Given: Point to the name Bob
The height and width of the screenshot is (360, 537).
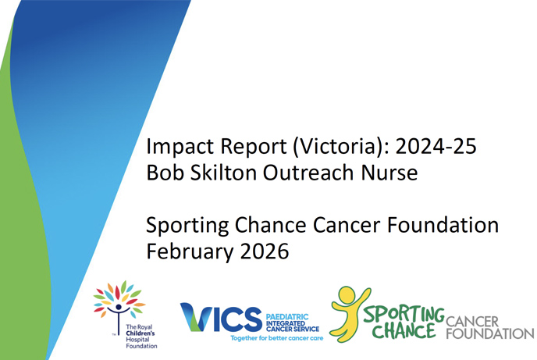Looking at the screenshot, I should pyautogui.click(x=164, y=173).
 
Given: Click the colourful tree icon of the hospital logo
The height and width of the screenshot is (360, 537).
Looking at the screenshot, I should pyautogui.click(x=119, y=297).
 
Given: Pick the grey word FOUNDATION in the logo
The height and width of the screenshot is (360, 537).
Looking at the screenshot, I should pyautogui.click(x=489, y=333).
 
